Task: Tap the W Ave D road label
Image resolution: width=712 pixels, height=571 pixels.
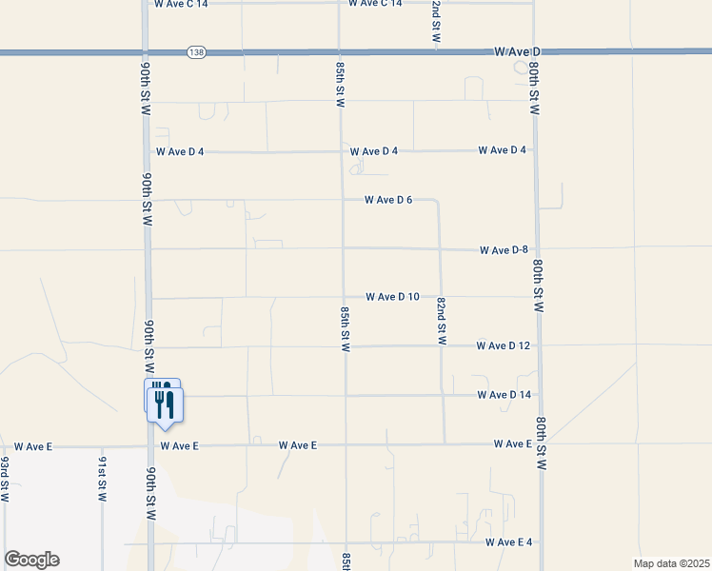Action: (x=517, y=50)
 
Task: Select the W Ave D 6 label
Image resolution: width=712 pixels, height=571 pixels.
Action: (x=388, y=200)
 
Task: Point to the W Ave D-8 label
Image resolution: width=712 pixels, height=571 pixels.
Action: (x=504, y=250)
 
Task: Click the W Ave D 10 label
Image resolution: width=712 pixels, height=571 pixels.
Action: (x=392, y=297)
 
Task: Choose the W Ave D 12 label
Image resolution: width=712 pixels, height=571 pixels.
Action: (x=504, y=345)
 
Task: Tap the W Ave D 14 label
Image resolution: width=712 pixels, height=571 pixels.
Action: (x=504, y=395)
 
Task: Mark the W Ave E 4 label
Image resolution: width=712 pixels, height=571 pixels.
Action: (x=508, y=542)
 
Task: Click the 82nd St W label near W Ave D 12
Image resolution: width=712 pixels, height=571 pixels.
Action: (x=442, y=321)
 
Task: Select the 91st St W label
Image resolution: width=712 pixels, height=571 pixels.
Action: (x=101, y=479)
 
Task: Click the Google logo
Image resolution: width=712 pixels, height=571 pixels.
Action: (x=31, y=560)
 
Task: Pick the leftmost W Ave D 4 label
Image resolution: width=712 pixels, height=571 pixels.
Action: (x=180, y=152)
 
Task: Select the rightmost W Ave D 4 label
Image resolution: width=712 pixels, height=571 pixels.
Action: (x=503, y=150)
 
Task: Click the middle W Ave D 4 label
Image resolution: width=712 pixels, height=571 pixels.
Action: (x=374, y=151)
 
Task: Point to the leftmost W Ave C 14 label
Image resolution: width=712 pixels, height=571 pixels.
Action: (x=181, y=4)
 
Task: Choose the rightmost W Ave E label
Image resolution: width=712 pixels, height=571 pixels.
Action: (x=513, y=444)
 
